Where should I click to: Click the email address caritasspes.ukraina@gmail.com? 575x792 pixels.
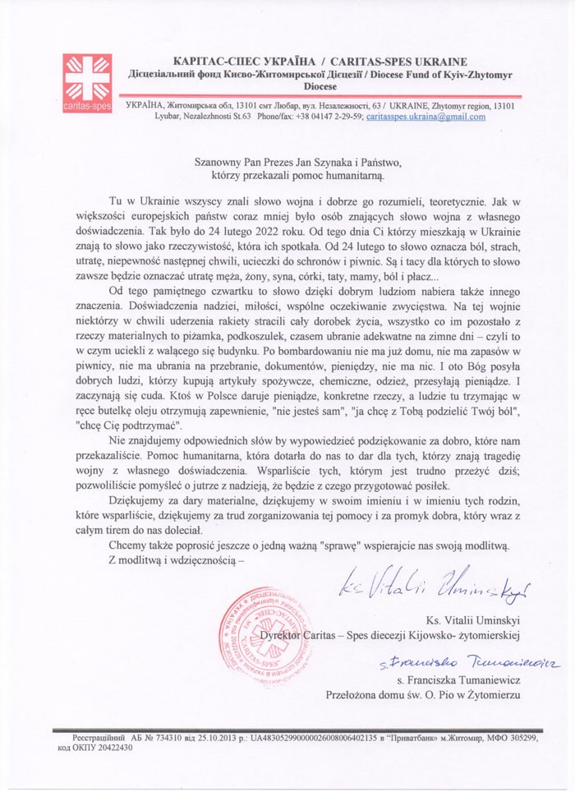pos(425,117)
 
